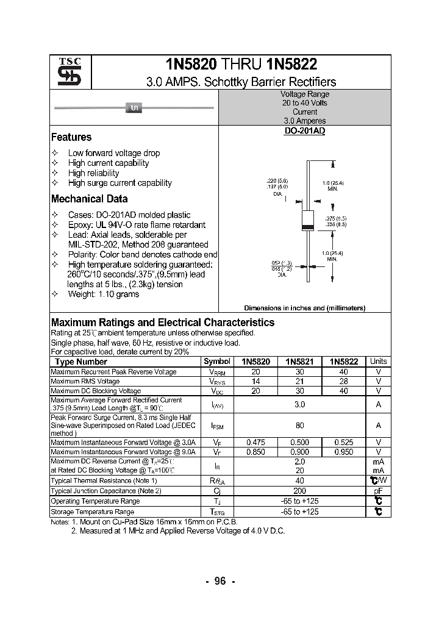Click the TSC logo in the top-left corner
65,73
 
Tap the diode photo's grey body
134,107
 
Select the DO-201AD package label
304,131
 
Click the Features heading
71,137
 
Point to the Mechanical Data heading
89,199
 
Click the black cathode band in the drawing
309,227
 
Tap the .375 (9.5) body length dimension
336,218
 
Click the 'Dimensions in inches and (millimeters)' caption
304,308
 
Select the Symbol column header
217,362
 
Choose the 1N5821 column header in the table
300,362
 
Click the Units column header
379,362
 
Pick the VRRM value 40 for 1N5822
344,372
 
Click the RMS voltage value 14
255,381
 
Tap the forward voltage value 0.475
255,442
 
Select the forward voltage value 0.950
344,452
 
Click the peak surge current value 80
300,426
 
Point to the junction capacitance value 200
300,491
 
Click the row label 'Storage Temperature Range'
92,512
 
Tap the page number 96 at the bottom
220,581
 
